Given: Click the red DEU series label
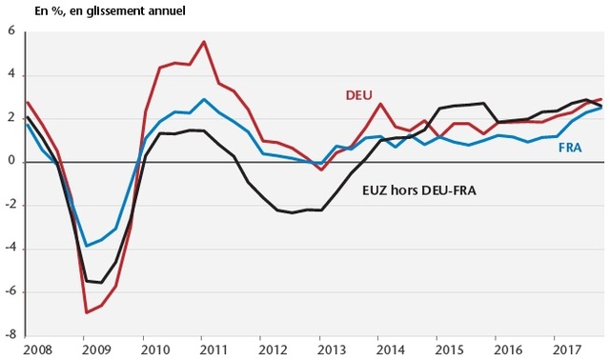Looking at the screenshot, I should click(x=357, y=95).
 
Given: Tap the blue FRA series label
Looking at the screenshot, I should click(x=569, y=149).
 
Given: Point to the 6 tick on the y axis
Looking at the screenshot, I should click(x=11, y=31).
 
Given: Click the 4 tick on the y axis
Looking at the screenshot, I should click(x=11, y=75).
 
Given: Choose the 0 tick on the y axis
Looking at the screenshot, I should click(x=11, y=162).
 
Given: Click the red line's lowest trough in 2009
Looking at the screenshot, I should click(x=86, y=312).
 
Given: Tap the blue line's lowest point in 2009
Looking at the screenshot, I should click(x=86, y=246).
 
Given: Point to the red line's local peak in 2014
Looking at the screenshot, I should click(x=380, y=104).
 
